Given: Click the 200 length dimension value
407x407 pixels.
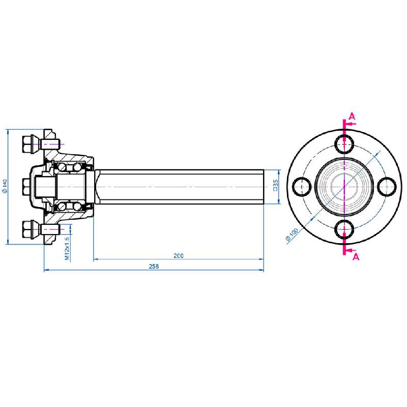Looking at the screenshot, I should pos(178,255).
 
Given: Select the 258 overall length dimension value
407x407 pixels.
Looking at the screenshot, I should pos(154,266).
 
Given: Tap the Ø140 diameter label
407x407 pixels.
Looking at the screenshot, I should pos(4,186).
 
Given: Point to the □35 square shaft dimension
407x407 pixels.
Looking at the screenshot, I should pos(275,186).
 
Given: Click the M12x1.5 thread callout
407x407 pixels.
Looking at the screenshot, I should pos(67,248).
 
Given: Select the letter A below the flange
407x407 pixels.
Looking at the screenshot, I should pos(356,257).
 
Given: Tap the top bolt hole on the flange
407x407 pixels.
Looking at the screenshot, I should pos(345,144).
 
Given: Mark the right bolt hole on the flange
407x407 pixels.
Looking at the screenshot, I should pos(387,187).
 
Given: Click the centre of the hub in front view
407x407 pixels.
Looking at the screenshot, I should pos(345,187).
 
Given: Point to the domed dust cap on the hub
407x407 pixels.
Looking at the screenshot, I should pos(39,186).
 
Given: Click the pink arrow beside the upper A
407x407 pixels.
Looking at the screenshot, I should pos(350,124).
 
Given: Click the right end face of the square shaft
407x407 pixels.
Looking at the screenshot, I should pos(263,187).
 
